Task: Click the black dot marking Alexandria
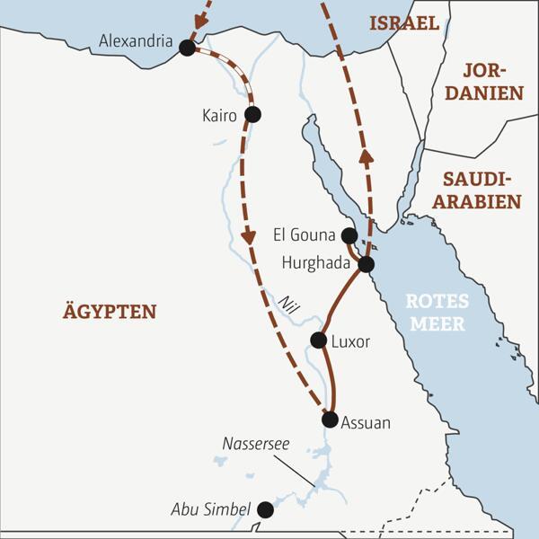point(187,48)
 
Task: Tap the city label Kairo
point(221,115)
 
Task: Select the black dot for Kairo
point(252,114)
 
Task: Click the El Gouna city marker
point(349,235)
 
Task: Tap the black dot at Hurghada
point(366,264)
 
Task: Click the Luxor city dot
point(317,340)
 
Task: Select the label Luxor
point(350,341)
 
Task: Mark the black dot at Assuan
point(330,420)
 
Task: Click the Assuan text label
point(367,421)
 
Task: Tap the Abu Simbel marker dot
point(265,509)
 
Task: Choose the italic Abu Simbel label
point(210,510)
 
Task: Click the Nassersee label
point(257,444)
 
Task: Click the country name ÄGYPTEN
point(110,312)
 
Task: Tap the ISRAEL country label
point(403,22)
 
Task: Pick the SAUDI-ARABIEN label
point(482,190)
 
